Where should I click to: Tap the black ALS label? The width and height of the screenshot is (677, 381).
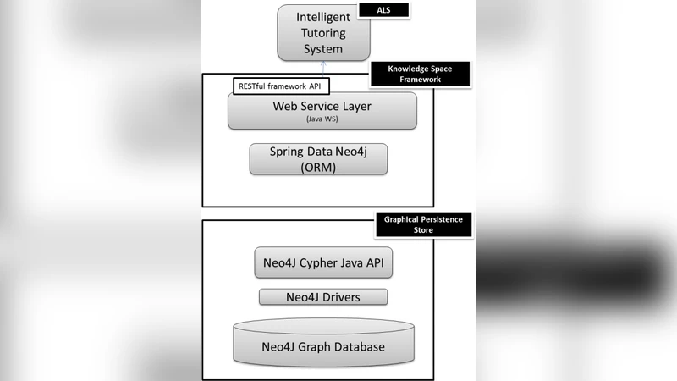[383, 10]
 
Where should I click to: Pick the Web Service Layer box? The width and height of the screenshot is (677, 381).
[322, 111]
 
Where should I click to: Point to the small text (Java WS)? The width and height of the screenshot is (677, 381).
[322, 120]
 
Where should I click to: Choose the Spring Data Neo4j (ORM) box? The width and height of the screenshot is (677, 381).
[319, 158]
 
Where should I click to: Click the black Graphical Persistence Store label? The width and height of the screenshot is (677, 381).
[423, 224]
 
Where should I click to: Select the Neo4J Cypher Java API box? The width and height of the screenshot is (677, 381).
[323, 262]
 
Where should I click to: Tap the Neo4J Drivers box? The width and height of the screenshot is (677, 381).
[322, 296]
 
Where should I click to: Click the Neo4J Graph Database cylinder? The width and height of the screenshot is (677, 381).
[323, 346]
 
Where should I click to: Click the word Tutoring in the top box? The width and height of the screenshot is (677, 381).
[322, 33]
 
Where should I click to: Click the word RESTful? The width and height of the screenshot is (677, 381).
[252, 86]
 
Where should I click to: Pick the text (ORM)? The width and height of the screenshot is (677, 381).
[319, 167]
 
